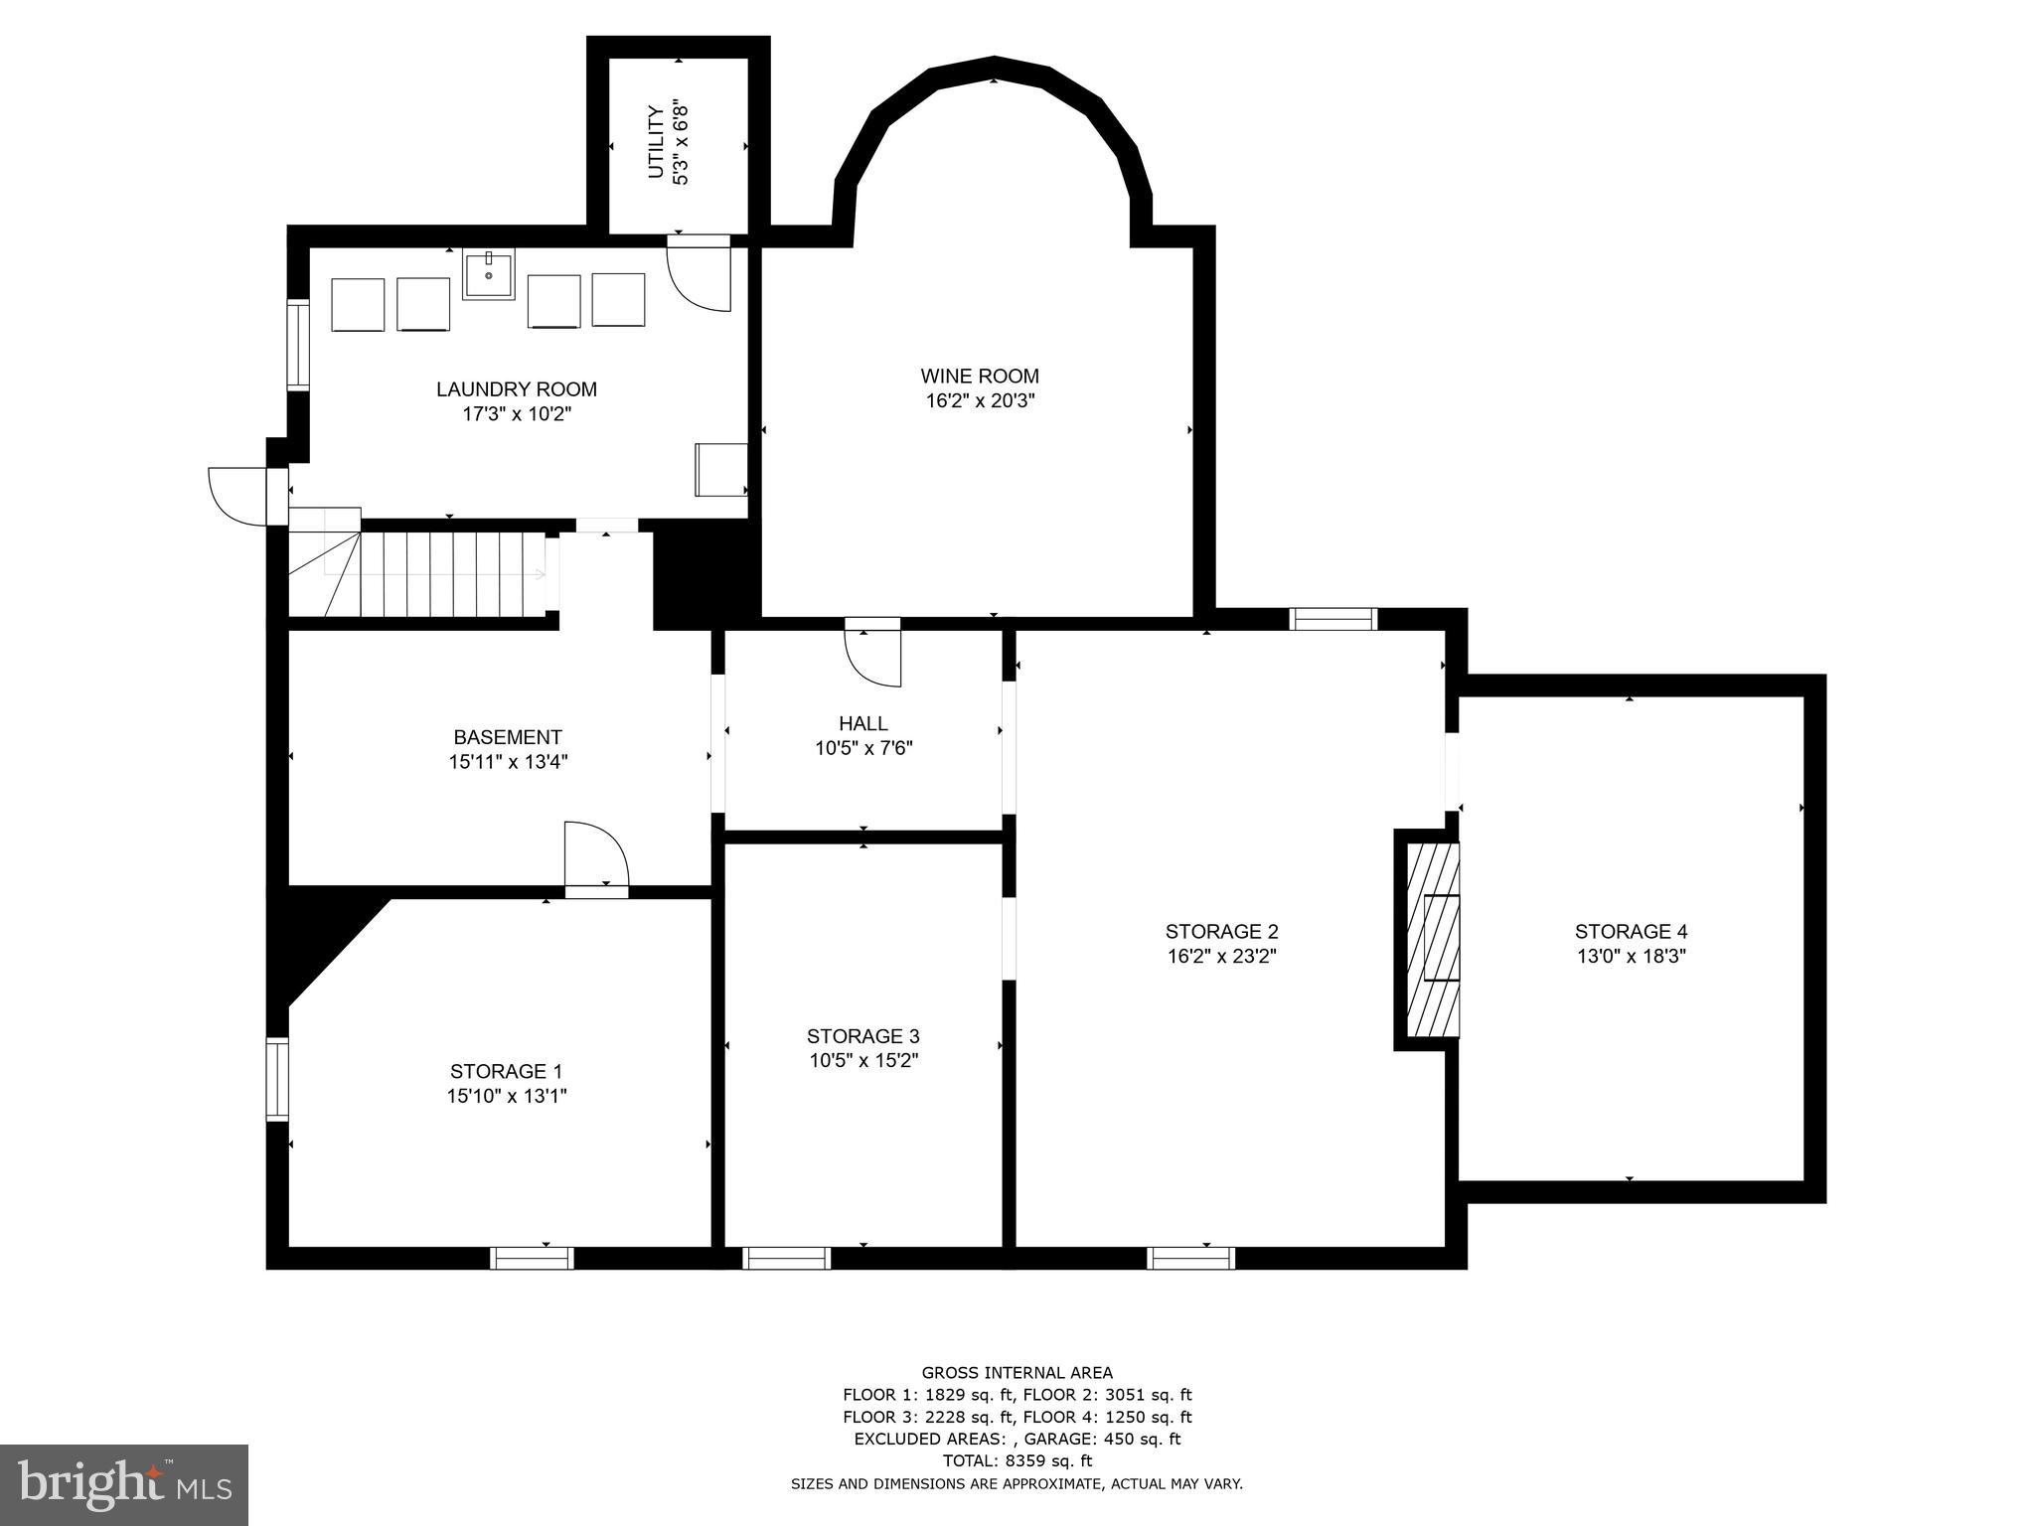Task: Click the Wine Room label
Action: tap(979, 377)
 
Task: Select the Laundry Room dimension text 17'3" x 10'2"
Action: tap(517, 414)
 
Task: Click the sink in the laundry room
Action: tap(488, 274)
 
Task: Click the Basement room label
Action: tap(507, 737)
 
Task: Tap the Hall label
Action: tap(862, 723)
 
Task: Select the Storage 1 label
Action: tap(506, 1071)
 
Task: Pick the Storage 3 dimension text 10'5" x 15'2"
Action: tap(862, 1060)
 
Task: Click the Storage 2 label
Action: tap(1221, 931)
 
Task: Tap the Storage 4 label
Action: tap(1631, 931)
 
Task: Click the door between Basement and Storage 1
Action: tap(595, 856)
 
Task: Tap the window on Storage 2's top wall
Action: tap(1332, 619)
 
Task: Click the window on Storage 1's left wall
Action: tap(277, 1079)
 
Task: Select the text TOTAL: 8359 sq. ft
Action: tap(1017, 1460)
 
